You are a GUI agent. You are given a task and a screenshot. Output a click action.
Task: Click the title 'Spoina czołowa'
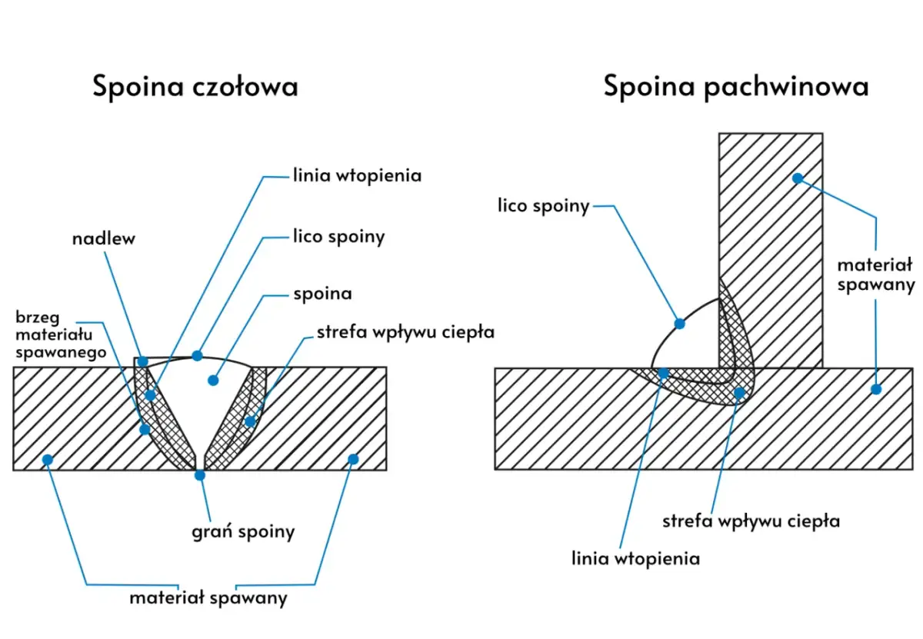[x=195, y=86]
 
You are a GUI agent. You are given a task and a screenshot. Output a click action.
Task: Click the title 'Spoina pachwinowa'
[x=735, y=86]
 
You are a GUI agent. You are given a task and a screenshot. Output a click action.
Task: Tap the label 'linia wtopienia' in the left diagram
[x=357, y=175]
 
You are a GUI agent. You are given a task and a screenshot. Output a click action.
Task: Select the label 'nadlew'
[x=104, y=238]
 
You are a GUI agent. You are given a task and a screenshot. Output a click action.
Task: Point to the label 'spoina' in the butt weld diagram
[x=322, y=294]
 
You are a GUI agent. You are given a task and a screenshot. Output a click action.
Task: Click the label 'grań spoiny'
[x=243, y=531]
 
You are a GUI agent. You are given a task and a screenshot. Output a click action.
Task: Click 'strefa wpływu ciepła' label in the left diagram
[x=405, y=333]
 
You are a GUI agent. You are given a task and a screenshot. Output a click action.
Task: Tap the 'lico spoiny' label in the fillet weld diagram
[x=543, y=205]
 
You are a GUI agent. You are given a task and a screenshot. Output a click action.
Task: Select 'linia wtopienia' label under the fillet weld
[x=635, y=558]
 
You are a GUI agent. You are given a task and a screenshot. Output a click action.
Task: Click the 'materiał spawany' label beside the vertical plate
[x=875, y=275]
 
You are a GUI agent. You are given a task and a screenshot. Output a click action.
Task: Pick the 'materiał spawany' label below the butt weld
[x=208, y=597]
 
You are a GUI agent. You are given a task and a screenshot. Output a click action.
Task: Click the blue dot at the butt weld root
[x=200, y=475]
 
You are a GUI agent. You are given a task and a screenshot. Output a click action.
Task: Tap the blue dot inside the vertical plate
[x=798, y=178]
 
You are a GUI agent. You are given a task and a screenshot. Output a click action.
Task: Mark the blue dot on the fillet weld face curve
[x=679, y=324]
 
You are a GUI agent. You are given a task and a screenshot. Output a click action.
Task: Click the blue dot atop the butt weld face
[x=198, y=355]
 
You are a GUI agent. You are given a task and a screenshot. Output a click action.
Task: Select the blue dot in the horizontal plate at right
[x=875, y=389]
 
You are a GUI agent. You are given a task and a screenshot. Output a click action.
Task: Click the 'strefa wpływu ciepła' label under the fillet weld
[x=751, y=521]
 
